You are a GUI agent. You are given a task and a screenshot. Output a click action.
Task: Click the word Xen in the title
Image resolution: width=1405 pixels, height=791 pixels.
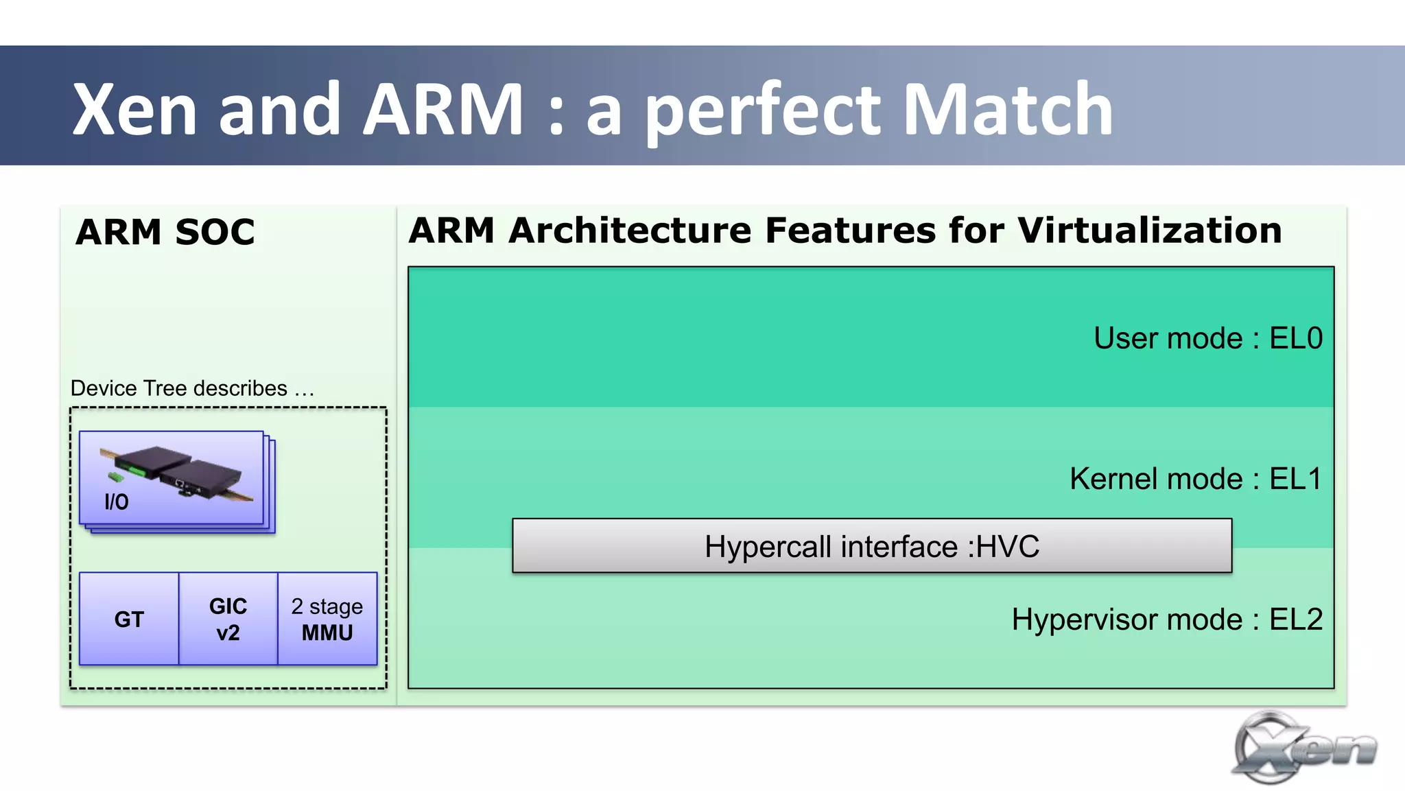(x=136, y=110)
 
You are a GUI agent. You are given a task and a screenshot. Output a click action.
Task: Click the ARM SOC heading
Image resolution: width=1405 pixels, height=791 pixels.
(x=165, y=232)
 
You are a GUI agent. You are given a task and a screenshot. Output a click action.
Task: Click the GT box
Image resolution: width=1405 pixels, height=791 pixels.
(x=129, y=619)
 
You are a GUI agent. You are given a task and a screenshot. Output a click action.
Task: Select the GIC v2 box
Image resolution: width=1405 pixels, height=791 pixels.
(x=228, y=619)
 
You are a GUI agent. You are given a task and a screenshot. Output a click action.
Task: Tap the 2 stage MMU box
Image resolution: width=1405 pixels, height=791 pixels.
(x=327, y=619)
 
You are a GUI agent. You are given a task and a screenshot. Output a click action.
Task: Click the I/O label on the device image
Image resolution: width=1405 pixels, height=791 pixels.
(x=116, y=502)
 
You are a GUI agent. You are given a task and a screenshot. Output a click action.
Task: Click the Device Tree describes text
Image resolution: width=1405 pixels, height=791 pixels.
(x=192, y=388)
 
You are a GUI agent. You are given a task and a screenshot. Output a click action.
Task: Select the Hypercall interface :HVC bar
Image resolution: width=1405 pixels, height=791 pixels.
(x=871, y=546)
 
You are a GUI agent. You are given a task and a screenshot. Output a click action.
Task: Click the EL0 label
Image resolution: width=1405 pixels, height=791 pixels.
(x=1295, y=338)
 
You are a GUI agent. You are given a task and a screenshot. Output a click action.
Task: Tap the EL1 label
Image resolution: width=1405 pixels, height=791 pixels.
(x=1295, y=479)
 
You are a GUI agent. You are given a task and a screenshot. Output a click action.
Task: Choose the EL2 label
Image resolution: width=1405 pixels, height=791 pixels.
(x=1295, y=619)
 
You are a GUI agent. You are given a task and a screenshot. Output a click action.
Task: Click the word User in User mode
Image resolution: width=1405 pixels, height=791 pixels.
(x=1125, y=338)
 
